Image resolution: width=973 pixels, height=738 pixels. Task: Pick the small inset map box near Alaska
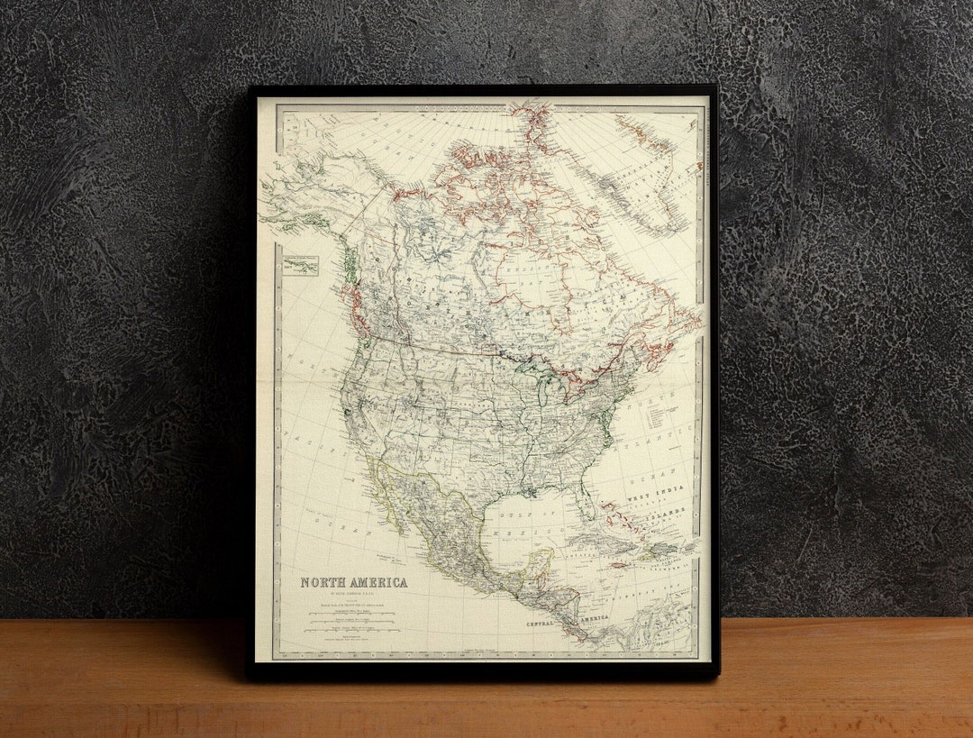[301, 266]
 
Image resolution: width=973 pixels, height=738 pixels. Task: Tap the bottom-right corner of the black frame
[716, 675]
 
